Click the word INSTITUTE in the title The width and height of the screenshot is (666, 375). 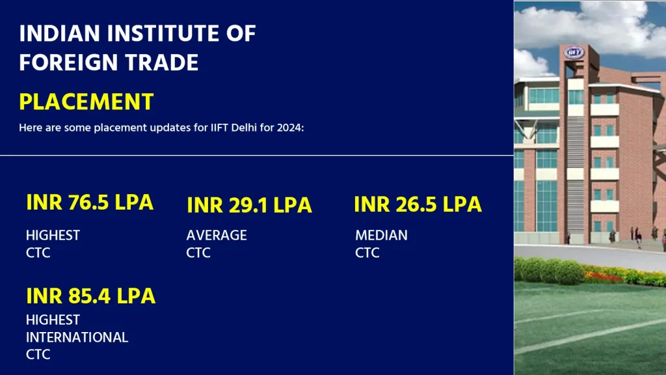(x=163, y=34)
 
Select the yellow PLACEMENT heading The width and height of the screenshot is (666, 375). (x=87, y=102)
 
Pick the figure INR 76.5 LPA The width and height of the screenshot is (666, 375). (x=90, y=202)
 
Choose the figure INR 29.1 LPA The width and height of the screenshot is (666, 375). (x=249, y=205)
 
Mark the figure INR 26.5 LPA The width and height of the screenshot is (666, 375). (x=418, y=204)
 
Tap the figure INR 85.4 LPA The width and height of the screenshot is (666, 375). (x=91, y=296)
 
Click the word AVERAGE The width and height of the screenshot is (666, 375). (x=217, y=235)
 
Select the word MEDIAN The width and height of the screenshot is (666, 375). (x=381, y=235)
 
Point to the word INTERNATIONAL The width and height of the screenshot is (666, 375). (x=77, y=337)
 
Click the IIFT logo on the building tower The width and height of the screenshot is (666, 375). (x=574, y=52)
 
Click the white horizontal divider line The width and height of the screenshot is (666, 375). (x=256, y=156)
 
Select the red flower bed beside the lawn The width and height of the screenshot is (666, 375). (x=603, y=277)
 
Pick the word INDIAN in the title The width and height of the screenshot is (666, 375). (x=59, y=34)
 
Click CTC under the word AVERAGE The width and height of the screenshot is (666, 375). (x=198, y=253)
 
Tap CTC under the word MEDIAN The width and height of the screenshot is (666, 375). (x=367, y=253)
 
